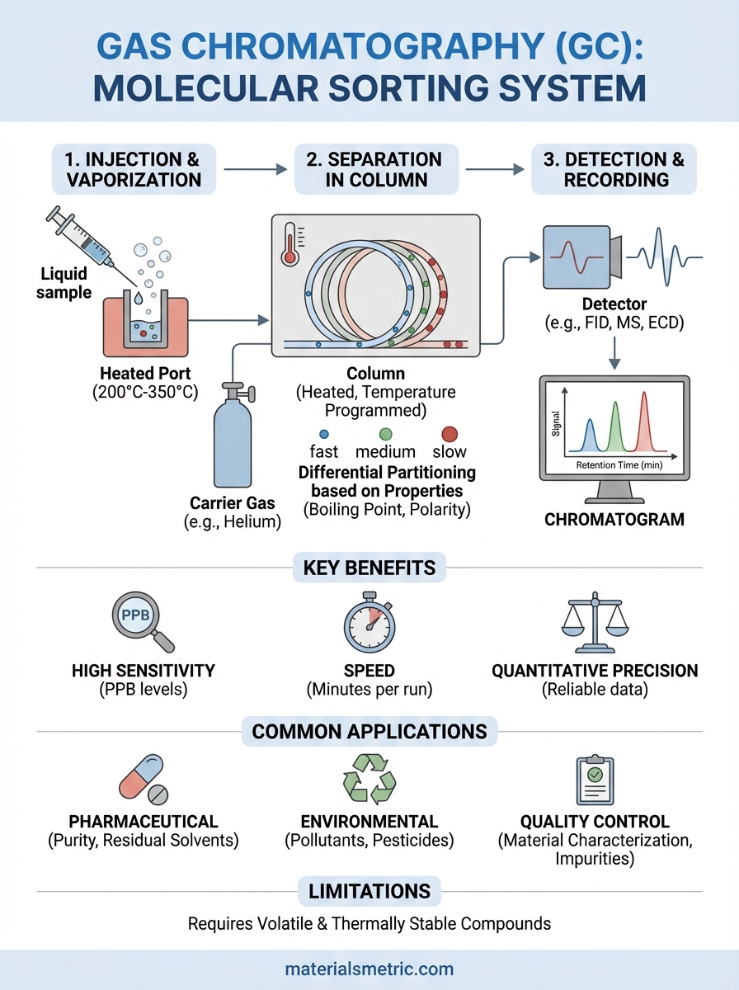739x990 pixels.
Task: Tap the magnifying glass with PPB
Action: tap(140, 621)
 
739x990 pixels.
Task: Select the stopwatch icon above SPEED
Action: tap(369, 625)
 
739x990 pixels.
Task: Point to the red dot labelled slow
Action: tap(449, 433)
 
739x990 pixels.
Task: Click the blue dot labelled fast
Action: tap(323, 433)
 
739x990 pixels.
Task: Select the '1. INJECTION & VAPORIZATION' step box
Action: tap(134, 169)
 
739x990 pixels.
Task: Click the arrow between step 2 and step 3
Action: tap(495, 170)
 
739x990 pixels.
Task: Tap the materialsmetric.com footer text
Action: tap(369, 969)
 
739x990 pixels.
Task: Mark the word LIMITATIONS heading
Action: tap(369, 891)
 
